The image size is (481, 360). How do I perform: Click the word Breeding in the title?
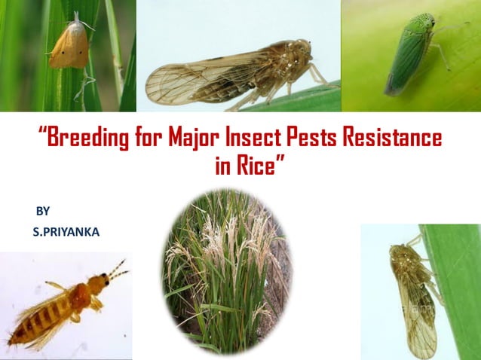click(x=83, y=139)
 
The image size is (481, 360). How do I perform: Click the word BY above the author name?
click(x=43, y=212)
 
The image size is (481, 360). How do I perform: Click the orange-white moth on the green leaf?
click(x=70, y=45)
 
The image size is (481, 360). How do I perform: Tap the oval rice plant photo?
click(x=226, y=271)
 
